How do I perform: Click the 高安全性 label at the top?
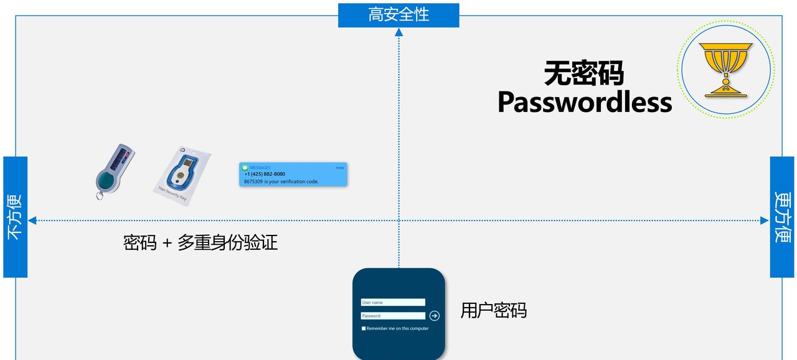(x=398, y=14)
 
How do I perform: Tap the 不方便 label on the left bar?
(x=15, y=217)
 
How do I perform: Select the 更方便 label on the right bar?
(x=783, y=217)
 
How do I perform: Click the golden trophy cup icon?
(x=725, y=69)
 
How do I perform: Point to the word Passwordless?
(x=585, y=102)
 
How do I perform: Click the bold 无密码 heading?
(x=584, y=73)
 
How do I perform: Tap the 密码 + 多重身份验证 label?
(x=200, y=242)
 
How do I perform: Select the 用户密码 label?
(x=494, y=310)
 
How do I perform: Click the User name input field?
(x=393, y=303)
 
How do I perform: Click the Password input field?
(x=393, y=316)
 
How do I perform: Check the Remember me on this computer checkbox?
(x=364, y=328)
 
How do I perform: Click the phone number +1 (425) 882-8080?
(x=265, y=174)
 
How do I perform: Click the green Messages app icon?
(x=245, y=168)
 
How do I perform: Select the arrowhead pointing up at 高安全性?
(x=399, y=32)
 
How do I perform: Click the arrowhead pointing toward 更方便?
(x=765, y=220)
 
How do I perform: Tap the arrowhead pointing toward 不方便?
(x=32, y=220)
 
